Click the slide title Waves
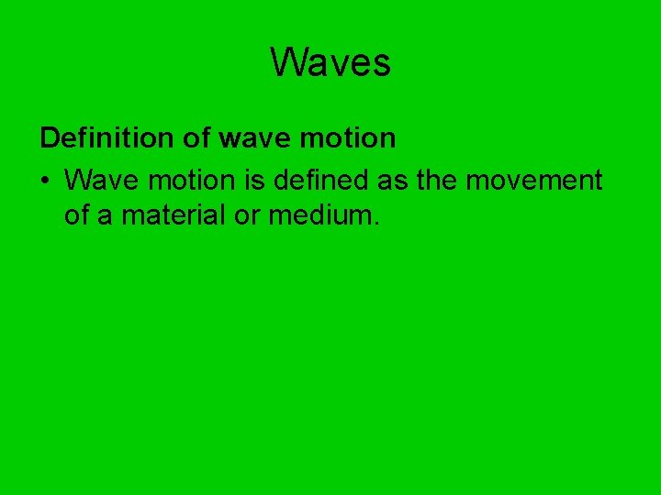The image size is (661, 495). tap(330, 62)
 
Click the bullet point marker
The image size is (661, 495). tap(44, 181)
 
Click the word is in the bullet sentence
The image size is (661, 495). tap(261, 180)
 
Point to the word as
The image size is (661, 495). tap(393, 181)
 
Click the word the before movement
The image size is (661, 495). tap(438, 180)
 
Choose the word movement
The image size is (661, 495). tap(534, 181)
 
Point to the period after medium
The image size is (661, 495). tap(375, 225)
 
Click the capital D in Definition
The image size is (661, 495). tap(49, 138)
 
